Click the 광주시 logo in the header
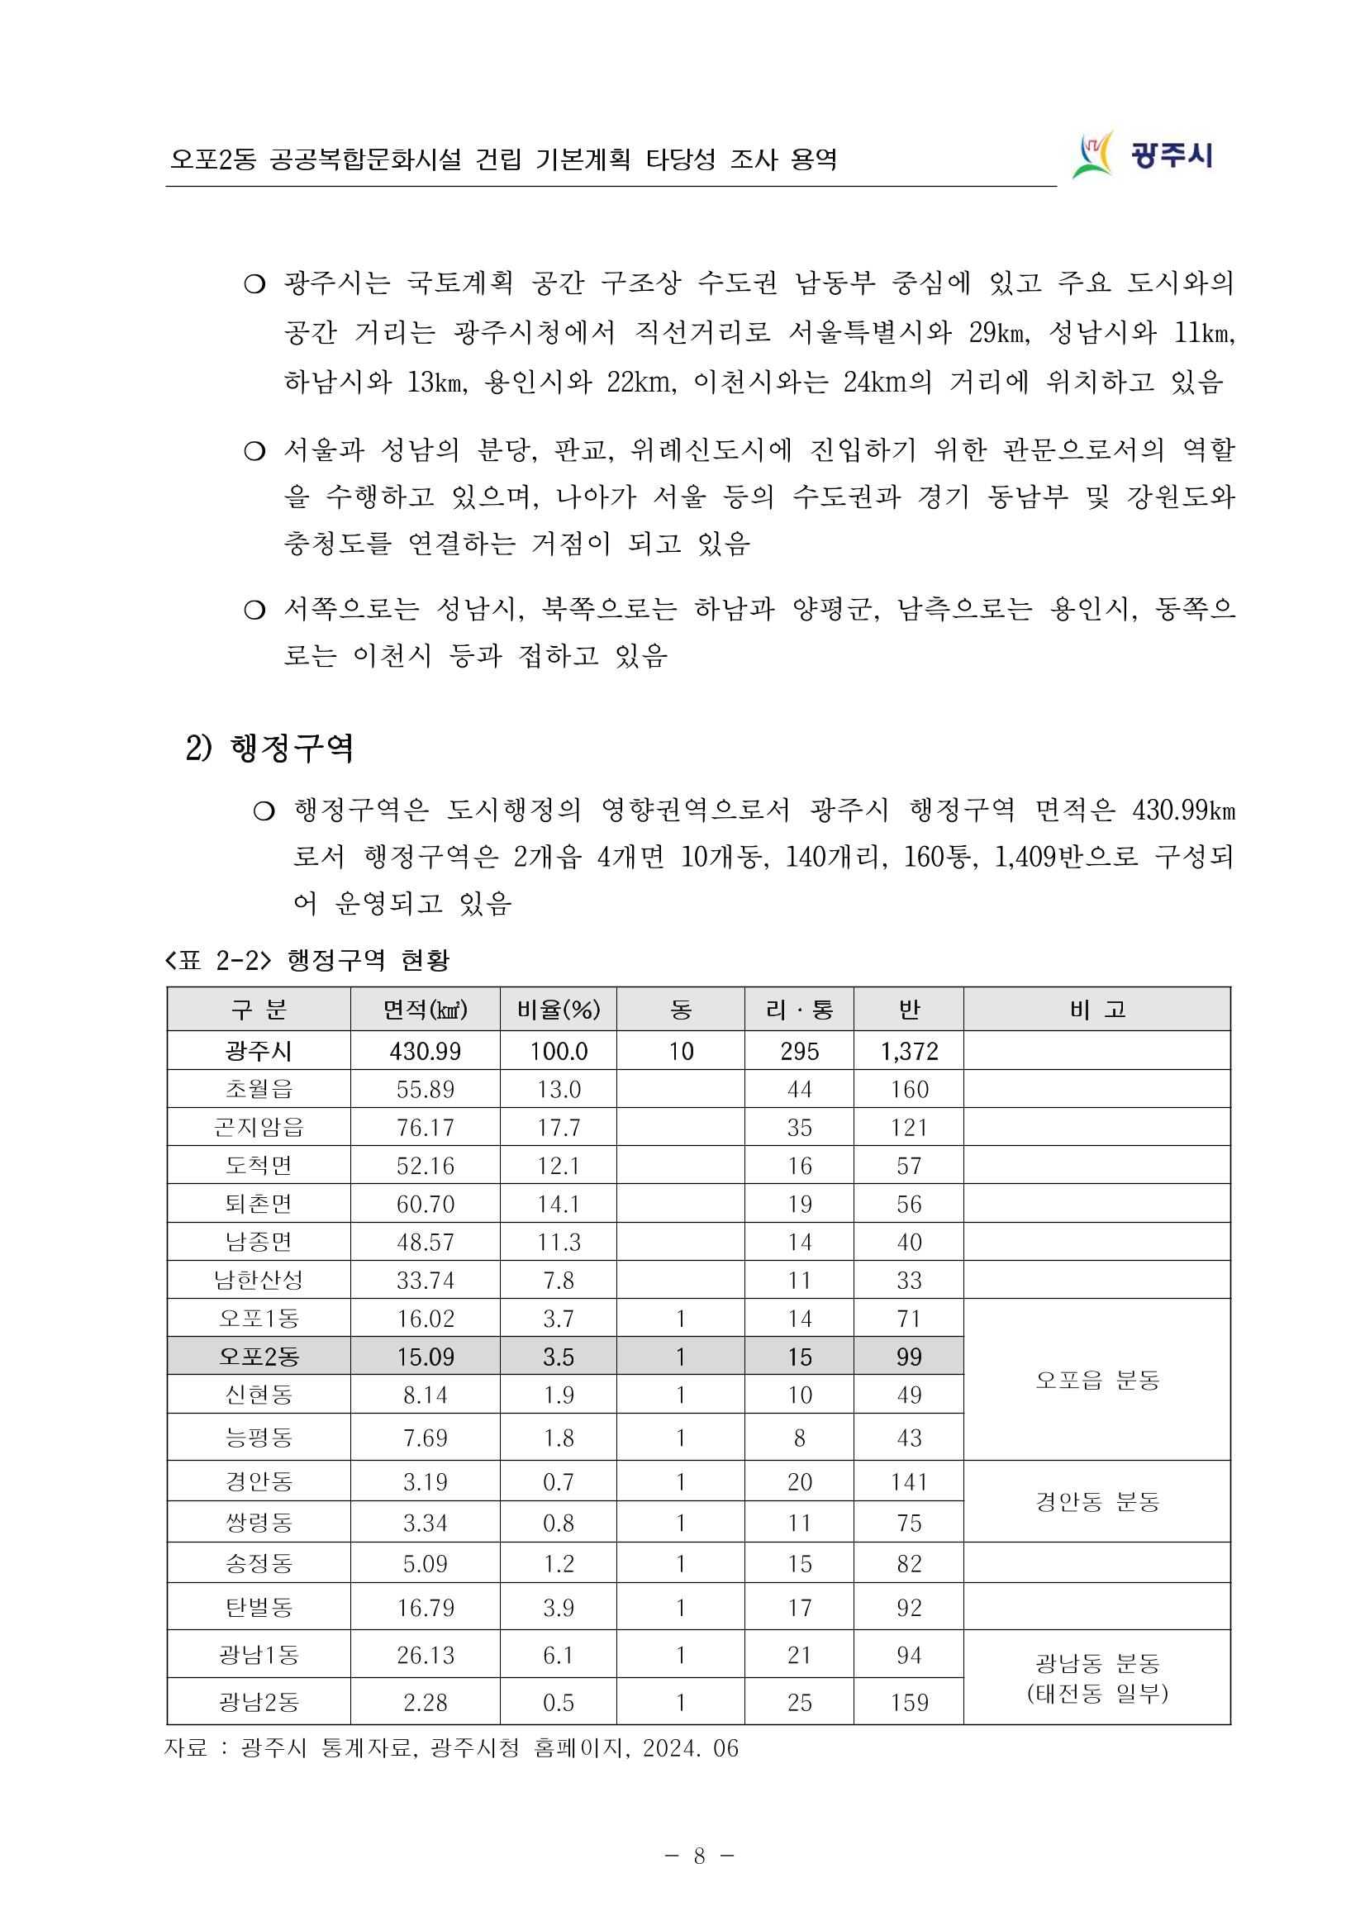(1142, 154)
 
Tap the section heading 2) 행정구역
(269, 747)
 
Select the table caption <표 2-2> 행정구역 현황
(307, 960)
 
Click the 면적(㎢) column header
(425, 1010)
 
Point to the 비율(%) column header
(558, 1010)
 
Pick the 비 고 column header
(1097, 1010)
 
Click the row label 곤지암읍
(259, 1127)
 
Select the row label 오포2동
(259, 1357)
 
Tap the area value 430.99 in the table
(425, 1051)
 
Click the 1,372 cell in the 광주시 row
(909, 1051)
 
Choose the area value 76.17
(425, 1127)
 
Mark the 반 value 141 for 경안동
(909, 1482)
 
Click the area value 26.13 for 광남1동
(425, 1655)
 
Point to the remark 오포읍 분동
(1097, 1381)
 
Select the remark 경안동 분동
(1097, 1502)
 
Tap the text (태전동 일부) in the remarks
(1097, 1693)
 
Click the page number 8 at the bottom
(699, 1856)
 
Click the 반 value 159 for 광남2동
(909, 1702)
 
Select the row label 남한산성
(259, 1281)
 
